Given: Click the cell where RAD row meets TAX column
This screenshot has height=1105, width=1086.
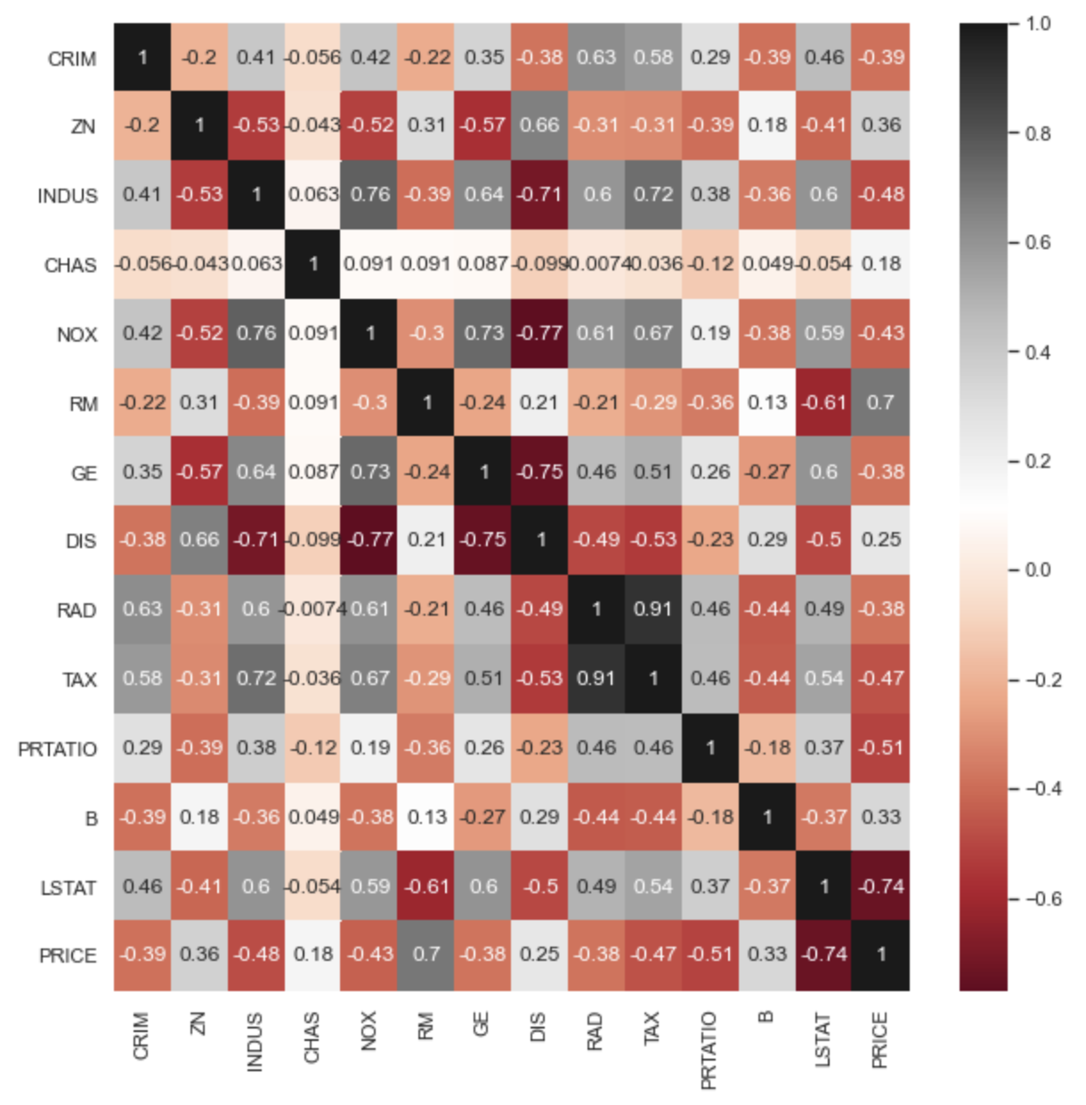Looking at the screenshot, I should [653, 609].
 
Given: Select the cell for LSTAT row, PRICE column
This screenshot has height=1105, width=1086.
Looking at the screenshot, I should [881, 886].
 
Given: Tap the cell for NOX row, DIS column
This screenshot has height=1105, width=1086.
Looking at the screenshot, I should [539, 333].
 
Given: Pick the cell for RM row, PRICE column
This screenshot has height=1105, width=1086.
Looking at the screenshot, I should [881, 402].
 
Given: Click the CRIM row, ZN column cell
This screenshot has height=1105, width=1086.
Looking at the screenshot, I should [199, 57].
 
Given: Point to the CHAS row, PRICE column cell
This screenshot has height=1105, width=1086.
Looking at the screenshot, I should [881, 263].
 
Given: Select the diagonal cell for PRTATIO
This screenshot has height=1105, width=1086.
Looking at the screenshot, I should [710, 748].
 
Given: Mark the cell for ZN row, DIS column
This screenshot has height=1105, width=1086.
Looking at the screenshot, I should [539, 125].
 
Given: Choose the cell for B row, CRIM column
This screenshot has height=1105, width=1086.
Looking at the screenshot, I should [142, 817].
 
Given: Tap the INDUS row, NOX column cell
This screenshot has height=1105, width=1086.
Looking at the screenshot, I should [370, 195].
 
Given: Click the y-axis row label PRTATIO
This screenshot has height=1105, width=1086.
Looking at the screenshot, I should [58, 749].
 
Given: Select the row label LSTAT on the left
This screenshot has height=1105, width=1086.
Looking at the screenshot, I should [69, 888].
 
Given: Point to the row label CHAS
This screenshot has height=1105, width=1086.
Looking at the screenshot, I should [71, 265].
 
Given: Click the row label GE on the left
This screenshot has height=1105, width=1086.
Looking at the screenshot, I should [85, 473].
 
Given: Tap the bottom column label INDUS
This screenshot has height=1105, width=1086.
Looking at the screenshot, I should [255, 1041].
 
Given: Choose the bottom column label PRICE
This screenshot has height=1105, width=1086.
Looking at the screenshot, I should [880, 1039].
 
